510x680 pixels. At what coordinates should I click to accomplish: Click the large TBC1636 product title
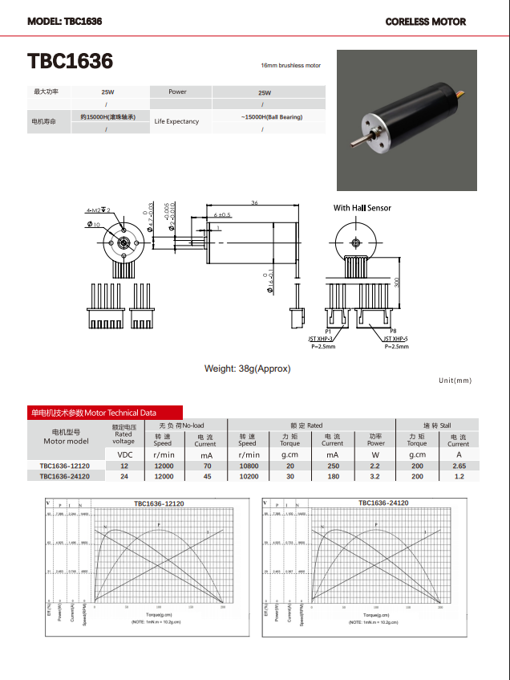[x=71, y=62]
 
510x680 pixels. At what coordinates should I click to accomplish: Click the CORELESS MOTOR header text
[x=425, y=22]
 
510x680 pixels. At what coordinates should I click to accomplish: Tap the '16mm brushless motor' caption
[x=290, y=65]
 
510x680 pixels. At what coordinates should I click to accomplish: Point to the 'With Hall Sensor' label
[x=362, y=208]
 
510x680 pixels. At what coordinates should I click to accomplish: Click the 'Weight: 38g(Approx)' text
[x=248, y=369]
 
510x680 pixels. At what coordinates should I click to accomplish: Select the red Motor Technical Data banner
[x=104, y=413]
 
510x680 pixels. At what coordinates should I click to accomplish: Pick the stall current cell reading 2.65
[x=458, y=466]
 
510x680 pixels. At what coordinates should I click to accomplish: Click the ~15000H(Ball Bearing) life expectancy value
[x=271, y=117]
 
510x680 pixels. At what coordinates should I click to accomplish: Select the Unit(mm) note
[x=455, y=381]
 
